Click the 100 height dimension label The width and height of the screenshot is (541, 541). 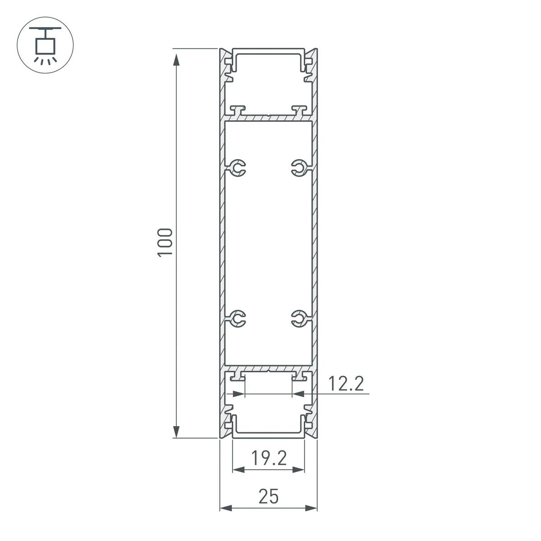(x=165, y=243)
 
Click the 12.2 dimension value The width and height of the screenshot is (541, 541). (x=345, y=384)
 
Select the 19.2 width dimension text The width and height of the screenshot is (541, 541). (x=269, y=459)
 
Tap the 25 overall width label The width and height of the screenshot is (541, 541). (x=269, y=497)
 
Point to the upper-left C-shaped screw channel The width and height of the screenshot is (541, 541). (x=238, y=168)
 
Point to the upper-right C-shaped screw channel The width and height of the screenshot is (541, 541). (x=298, y=168)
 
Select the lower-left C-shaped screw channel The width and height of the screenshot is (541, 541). (x=238, y=318)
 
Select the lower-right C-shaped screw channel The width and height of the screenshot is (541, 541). (x=298, y=318)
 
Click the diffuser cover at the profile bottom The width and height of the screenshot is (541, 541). (x=268, y=435)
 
